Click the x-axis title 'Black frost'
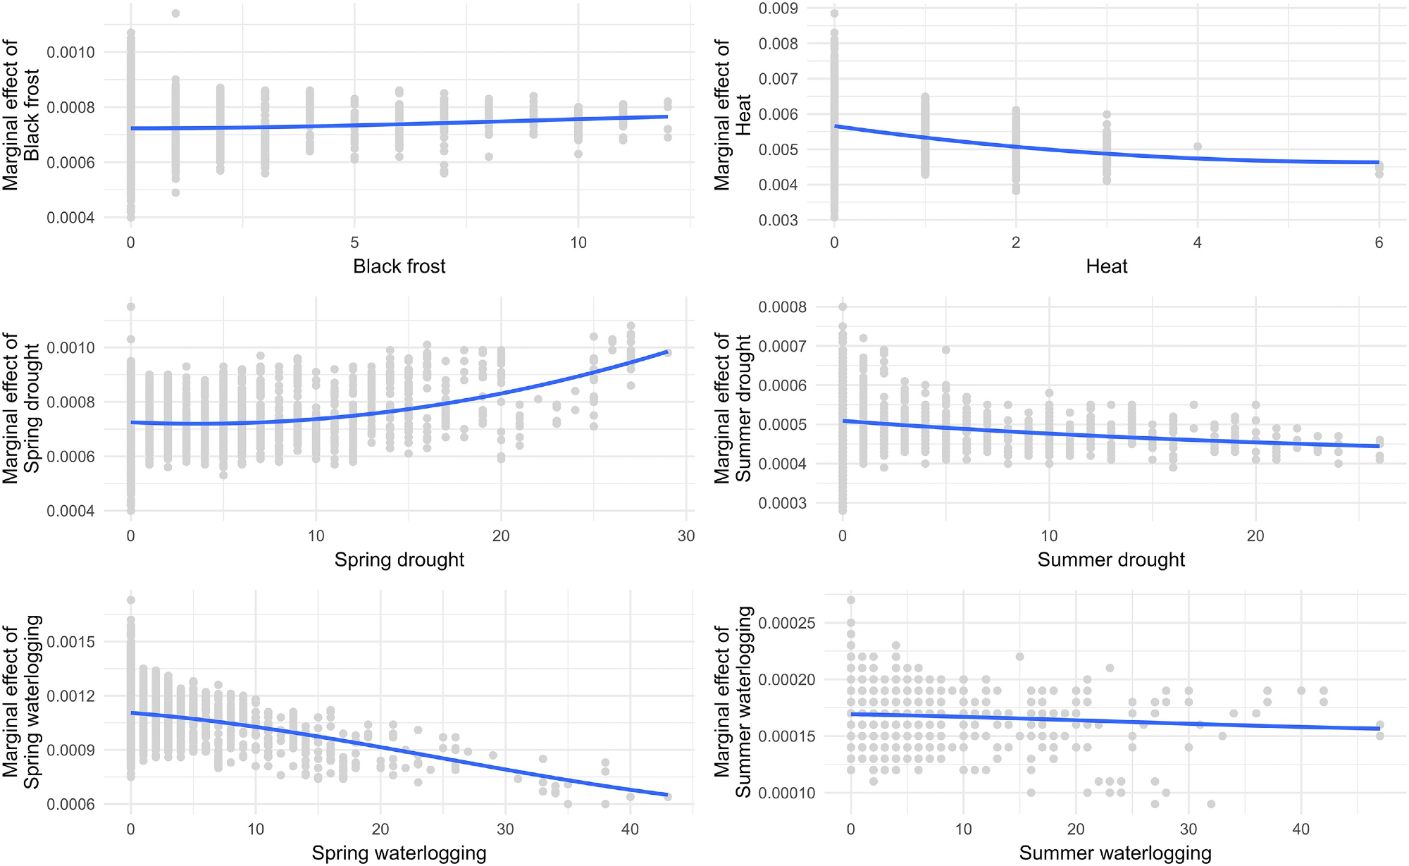(399, 266)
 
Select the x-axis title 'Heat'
(1106, 266)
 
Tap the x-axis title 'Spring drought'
(399, 559)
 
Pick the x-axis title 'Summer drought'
(1111, 559)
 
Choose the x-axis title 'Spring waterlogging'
(399, 853)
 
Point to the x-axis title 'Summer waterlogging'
(1115, 853)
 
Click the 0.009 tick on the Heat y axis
(778, 8)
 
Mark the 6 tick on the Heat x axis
(1379, 243)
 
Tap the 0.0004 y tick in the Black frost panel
(70, 218)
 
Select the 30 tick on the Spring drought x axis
(686, 536)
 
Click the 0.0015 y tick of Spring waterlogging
(70, 642)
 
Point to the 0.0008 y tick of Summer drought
(782, 307)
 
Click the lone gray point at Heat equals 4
(1198, 147)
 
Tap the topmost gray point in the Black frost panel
(175, 13)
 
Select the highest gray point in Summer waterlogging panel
(851, 600)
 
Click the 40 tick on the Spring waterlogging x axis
(630, 829)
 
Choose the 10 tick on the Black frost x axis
(578, 243)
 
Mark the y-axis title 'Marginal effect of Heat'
(733, 115)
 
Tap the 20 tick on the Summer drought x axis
(1255, 536)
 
